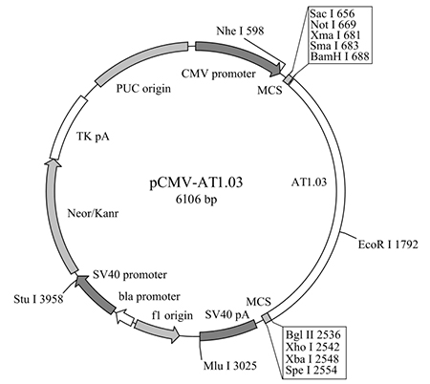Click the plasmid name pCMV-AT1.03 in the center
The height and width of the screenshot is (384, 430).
196,182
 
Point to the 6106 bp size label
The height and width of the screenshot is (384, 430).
196,200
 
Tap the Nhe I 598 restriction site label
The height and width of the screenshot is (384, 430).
240,31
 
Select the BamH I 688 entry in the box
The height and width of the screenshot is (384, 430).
340,56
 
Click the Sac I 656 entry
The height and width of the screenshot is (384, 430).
332,13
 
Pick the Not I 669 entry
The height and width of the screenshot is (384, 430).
333,25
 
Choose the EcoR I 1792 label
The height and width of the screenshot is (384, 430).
388,245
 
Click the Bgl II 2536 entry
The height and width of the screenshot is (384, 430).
313,334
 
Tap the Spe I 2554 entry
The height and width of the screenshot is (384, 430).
311,370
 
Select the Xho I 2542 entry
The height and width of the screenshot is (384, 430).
312,347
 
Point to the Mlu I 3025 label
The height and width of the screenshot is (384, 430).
230,366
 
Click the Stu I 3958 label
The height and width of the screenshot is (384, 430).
38,299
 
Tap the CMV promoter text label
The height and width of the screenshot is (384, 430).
219,74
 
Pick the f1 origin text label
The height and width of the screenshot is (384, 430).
172,315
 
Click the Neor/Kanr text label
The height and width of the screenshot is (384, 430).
93,213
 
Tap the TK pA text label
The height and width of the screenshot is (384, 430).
93,137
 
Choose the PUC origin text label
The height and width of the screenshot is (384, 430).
143,88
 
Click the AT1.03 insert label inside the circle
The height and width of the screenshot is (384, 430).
309,181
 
